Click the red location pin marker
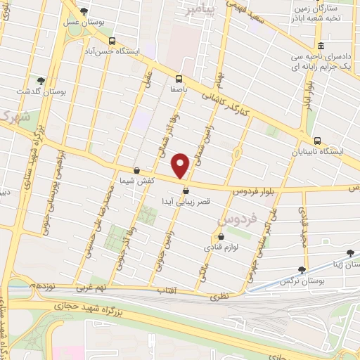181,165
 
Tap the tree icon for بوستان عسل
84,12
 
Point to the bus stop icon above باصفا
179,79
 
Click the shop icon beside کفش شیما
136,170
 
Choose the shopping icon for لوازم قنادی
229,237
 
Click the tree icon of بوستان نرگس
302,269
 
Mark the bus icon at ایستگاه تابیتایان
318,141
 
